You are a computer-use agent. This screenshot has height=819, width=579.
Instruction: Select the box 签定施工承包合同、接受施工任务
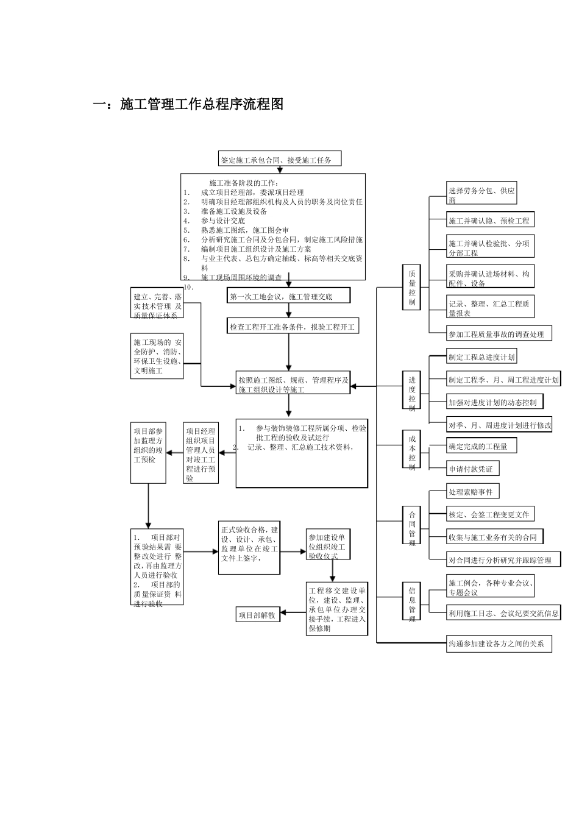click(x=279, y=160)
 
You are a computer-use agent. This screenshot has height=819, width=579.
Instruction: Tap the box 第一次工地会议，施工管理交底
click(x=289, y=296)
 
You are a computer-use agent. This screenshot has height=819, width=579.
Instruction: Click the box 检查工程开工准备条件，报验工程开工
click(x=292, y=327)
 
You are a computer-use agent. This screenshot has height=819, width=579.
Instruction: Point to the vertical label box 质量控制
click(x=412, y=288)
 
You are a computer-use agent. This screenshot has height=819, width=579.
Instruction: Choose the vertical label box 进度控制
click(x=412, y=390)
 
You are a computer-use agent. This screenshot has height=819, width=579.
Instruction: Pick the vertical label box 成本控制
click(x=412, y=449)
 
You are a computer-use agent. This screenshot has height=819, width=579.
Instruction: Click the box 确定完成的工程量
click(x=481, y=446)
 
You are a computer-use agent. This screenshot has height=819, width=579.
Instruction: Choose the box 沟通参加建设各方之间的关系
click(x=499, y=643)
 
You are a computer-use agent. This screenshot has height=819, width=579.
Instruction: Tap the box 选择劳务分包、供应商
click(x=481, y=195)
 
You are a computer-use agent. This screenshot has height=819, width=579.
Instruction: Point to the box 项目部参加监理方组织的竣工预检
click(x=148, y=453)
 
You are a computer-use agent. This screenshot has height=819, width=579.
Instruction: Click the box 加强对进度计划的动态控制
click(x=495, y=402)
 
